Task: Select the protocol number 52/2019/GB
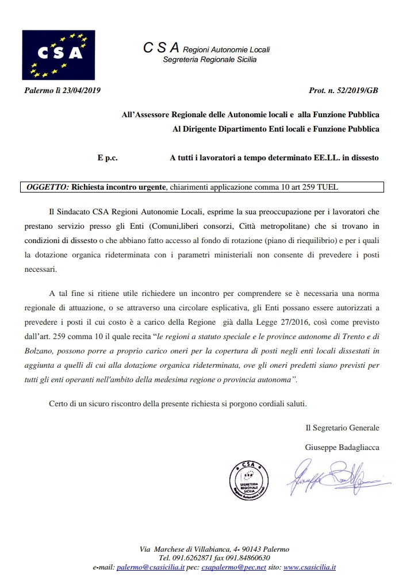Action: [x=357, y=91]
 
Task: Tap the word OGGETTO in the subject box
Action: [x=48, y=187]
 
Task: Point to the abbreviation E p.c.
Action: [x=108, y=157]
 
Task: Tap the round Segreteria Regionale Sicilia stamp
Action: [x=248, y=478]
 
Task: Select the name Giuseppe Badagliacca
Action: [x=342, y=447]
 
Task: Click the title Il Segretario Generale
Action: [x=342, y=428]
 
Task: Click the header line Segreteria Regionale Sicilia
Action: [x=210, y=60]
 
